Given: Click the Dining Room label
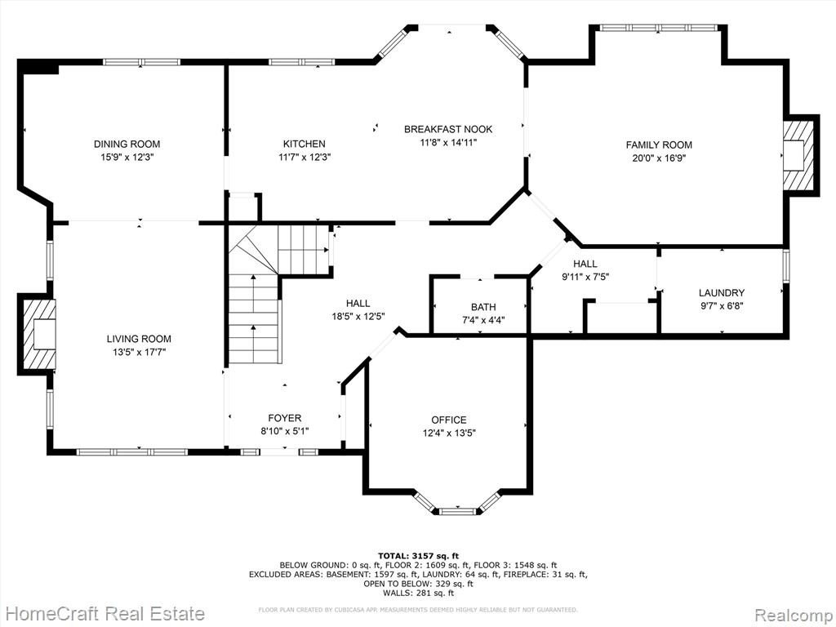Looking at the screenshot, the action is point(127,144).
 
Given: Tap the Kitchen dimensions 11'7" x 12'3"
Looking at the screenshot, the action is point(304,158).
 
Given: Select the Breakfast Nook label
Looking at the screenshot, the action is point(448,129).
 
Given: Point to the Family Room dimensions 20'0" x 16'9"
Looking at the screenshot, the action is point(659,158).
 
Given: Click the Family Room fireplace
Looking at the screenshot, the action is point(798,155).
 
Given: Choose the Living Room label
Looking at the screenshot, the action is point(139,339).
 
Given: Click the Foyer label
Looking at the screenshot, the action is point(284,419).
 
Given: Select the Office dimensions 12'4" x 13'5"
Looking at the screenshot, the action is point(449,433).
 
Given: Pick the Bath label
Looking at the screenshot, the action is point(483,307).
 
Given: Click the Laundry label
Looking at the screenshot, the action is point(722,293).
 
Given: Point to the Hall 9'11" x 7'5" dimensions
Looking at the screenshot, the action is point(585,277).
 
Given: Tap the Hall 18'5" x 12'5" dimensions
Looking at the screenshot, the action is point(358,317).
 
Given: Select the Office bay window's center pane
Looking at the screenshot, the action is point(457,511).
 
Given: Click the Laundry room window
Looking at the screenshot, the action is point(786,265).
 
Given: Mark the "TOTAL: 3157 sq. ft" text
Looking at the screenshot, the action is point(419,555).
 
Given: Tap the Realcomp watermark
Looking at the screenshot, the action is point(794,614).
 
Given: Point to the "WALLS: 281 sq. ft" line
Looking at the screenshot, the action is point(419,593).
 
